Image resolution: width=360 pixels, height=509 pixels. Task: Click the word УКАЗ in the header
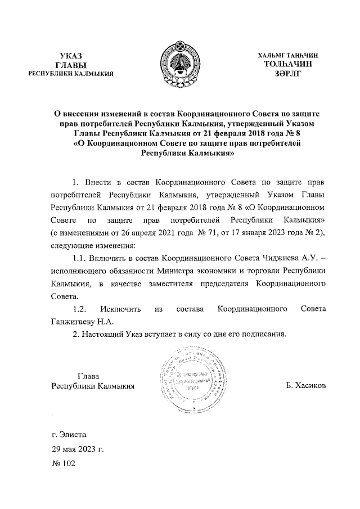pyautogui.click(x=71, y=56)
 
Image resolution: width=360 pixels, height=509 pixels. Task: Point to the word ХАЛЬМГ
pyautogui.click(x=270, y=56)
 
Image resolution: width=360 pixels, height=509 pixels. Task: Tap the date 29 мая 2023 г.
pyautogui.click(x=78, y=449)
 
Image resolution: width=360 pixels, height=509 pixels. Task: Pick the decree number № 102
pyautogui.click(x=62, y=465)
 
